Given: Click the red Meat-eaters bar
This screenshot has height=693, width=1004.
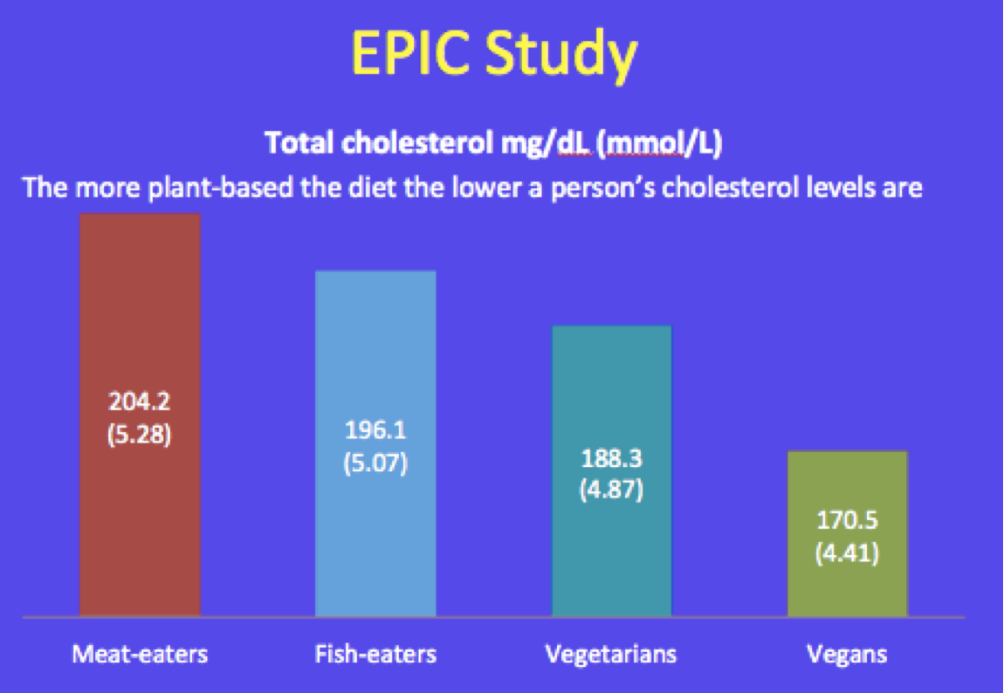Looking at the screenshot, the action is pos(141,415).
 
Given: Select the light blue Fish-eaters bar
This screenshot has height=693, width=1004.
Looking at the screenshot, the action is pos(376,443).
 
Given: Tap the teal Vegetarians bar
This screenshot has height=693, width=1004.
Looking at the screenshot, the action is pos(611,471).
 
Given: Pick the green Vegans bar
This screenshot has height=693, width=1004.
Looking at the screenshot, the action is pos(847,533).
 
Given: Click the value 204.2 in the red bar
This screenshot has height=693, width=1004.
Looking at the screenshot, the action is pos(140,401).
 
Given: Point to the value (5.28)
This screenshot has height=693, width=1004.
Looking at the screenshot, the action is pos(140,435).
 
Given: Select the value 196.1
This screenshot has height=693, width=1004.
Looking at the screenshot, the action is pos(375,430).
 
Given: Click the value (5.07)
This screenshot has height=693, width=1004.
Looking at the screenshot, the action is pos(375,463).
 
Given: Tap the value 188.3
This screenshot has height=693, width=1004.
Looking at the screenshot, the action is pos(611,458).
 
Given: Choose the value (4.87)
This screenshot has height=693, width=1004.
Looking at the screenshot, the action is pos(611,491).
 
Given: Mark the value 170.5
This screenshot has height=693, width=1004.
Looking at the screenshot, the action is pos(847,520).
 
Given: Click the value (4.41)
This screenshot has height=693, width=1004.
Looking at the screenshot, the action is pos(847,552).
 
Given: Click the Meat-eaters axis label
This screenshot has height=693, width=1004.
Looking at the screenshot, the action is pos(140,654).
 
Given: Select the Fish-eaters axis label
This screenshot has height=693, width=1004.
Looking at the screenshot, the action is pos(376,654).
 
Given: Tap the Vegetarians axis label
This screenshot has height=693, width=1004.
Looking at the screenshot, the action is pos(611,654).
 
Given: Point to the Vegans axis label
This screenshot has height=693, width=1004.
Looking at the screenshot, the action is pos(847,655).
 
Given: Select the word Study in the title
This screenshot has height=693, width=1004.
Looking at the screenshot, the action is pos(560,56).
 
